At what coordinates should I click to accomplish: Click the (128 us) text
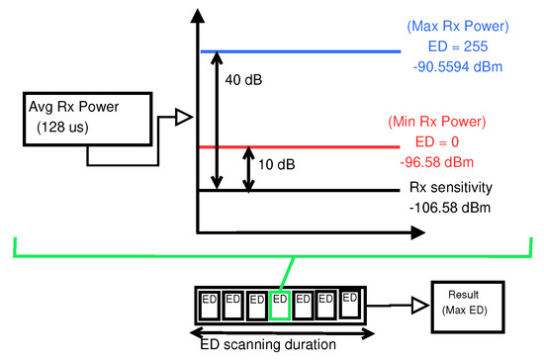coord(63,128)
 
